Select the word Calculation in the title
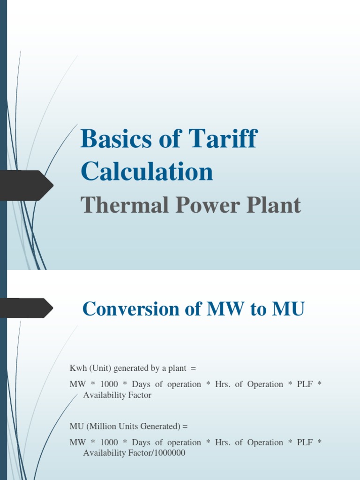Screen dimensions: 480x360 coord(147,172)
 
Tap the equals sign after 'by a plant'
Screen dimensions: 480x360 coord(193,368)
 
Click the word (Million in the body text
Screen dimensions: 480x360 coord(101,427)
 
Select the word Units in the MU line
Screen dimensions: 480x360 coord(129,427)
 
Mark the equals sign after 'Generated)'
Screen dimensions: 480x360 coord(185,427)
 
